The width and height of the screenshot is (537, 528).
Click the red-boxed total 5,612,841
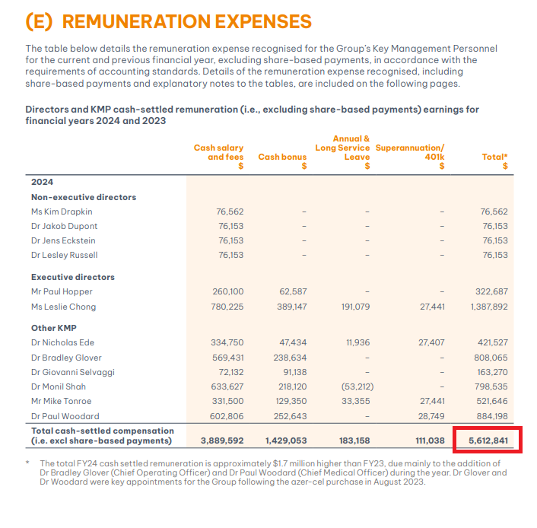tap(488, 441)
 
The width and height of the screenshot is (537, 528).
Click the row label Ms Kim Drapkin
tap(62, 212)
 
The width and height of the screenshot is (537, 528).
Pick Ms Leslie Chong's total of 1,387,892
tap(489, 307)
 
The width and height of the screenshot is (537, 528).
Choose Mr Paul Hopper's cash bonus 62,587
tap(293, 291)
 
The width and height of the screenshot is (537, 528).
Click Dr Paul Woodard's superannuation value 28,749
tap(431, 416)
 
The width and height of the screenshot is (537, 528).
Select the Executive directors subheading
tap(73, 277)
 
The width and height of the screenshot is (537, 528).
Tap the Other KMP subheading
tap(54, 328)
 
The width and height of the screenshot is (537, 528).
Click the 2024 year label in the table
tap(42, 182)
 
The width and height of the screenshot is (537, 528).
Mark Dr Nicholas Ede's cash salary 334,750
tap(227, 342)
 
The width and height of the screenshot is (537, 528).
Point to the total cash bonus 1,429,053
tap(286, 441)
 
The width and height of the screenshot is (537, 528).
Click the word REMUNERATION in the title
tap(136, 21)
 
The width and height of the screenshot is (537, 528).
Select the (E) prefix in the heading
tap(39, 21)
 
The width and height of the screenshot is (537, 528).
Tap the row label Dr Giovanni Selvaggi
tap(73, 372)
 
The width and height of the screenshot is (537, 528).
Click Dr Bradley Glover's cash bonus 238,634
tap(290, 358)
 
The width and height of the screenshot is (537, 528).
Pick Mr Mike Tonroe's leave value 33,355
tap(355, 401)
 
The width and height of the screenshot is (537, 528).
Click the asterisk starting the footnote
tap(27, 463)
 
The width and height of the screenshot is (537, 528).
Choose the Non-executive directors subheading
tap(84, 197)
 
